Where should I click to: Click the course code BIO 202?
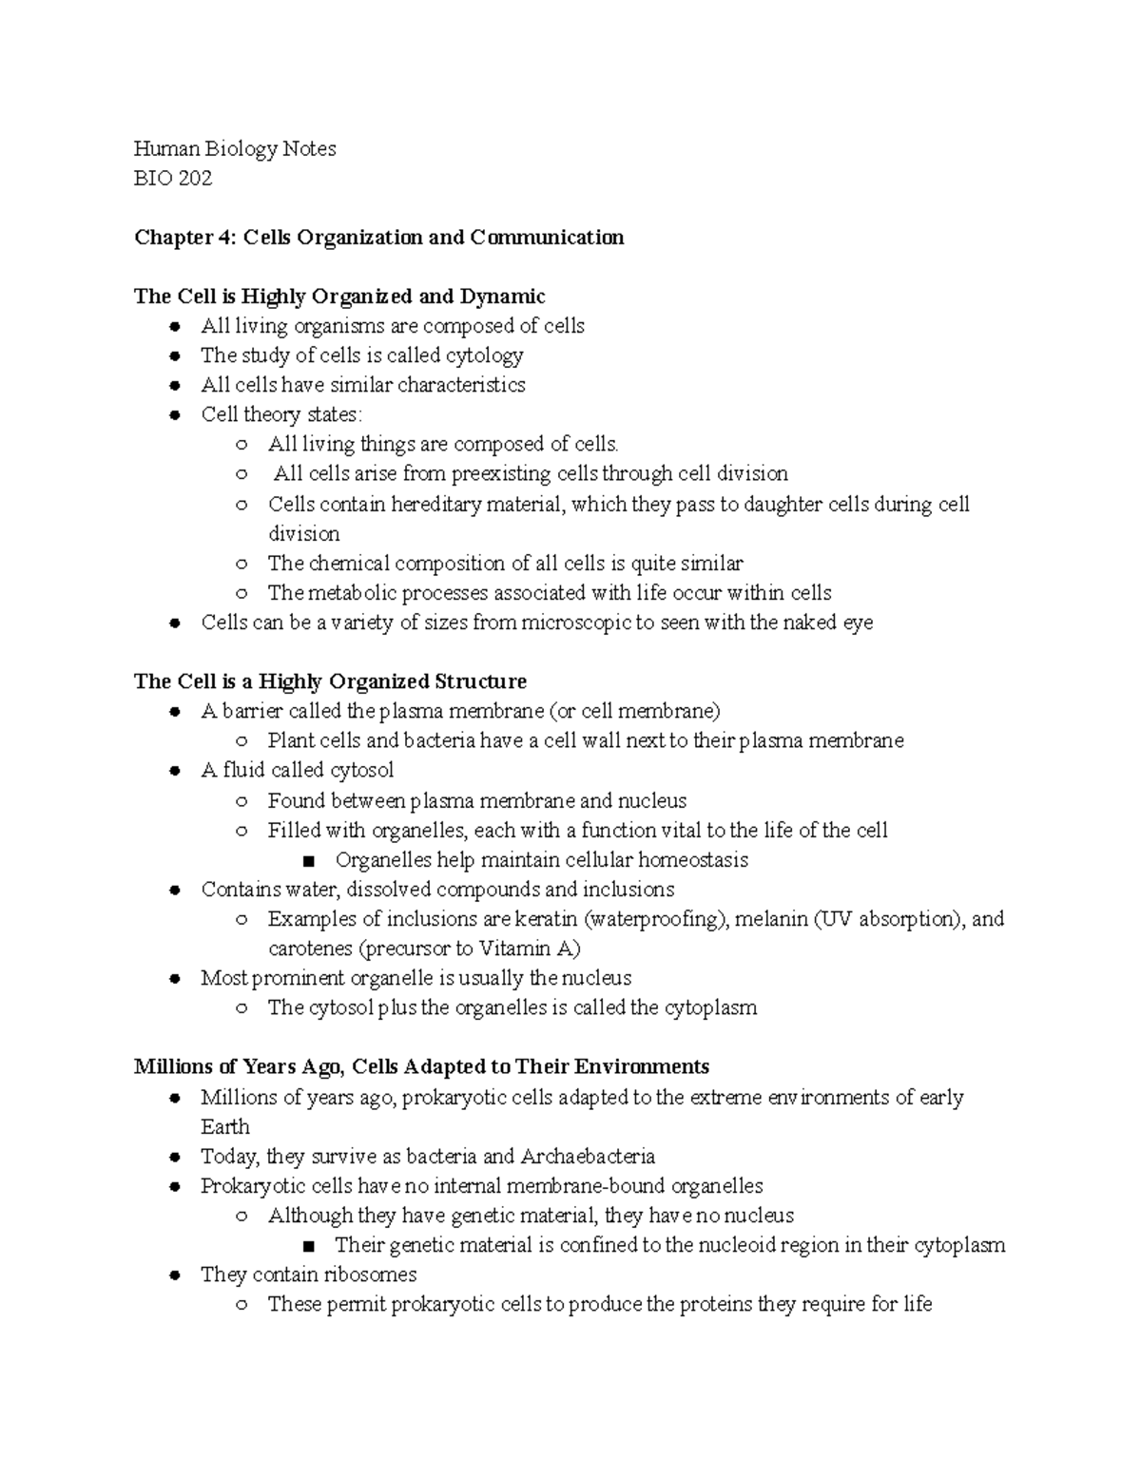(x=173, y=178)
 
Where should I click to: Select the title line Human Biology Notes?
(x=235, y=148)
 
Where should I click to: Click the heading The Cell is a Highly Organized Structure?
(x=330, y=681)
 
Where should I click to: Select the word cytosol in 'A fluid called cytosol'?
(x=361, y=770)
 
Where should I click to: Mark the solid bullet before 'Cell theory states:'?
(x=174, y=415)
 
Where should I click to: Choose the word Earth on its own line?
(x=225, y=1127)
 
